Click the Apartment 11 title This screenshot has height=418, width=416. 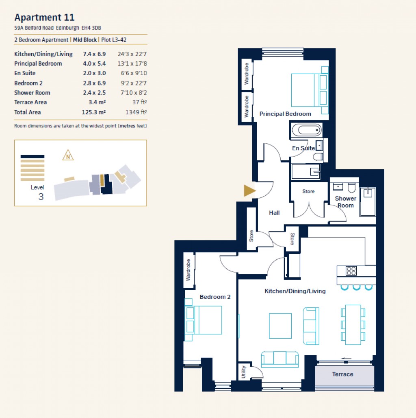tap(44, 18)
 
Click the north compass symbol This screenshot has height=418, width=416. tap(68, 155)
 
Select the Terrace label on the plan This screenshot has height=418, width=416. tap(342, 374)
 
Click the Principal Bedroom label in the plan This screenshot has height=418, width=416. tap(285, 114)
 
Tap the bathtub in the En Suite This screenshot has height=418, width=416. tap(307, 131)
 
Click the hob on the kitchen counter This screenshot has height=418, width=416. tap(351, 270)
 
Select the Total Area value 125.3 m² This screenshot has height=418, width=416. tap(94, 112)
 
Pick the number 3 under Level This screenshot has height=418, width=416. tap(41, 197)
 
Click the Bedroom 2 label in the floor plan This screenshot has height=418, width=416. tap(215, 297)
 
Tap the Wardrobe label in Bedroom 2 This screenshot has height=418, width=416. tap(188, 270)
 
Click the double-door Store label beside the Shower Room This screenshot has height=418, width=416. tap(308, 191)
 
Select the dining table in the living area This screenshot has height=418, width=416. tap(353, 324)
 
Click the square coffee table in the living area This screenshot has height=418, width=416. tap(280, 326)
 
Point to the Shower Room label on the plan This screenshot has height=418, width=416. tap(345, 202)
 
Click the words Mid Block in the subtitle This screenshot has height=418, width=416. tap(85, 40)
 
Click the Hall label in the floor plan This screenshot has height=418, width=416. tap(274, 212)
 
